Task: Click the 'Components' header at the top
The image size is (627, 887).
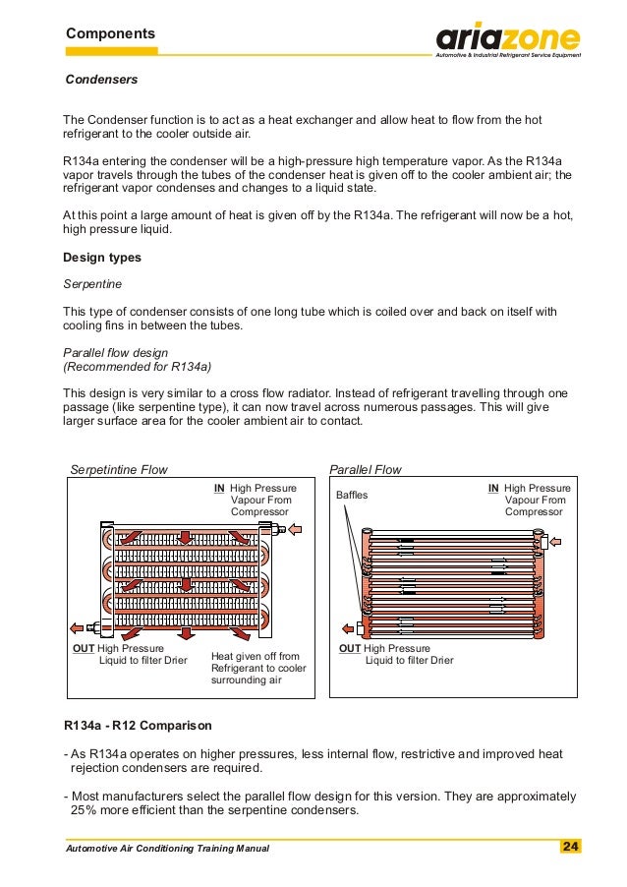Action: [110, 33]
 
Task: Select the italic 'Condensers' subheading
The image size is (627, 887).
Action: [101, 79]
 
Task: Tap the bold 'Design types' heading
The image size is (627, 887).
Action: [102, 258]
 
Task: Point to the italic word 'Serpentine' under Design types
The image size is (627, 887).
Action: [92, 283]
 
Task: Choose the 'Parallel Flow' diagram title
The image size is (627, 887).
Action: [366, 470]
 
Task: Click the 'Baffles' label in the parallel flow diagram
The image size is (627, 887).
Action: [352, 495]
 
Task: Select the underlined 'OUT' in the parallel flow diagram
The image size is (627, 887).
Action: [350, 648]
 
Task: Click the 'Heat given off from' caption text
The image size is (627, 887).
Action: [255, 656]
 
